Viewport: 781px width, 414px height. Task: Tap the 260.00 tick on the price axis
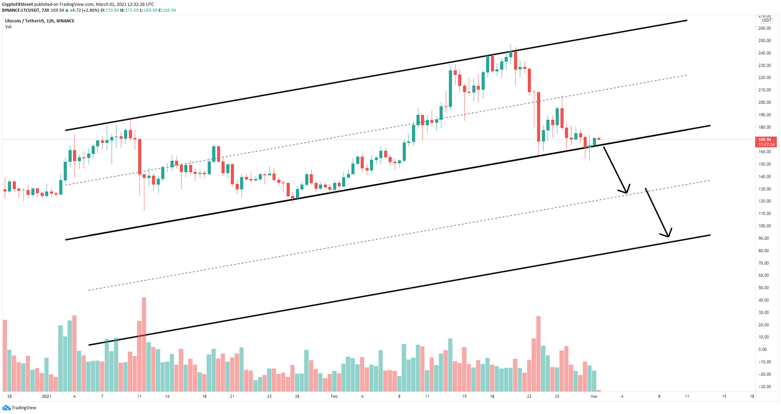(x=765, y=28)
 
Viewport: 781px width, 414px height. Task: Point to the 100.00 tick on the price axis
(x=765, y=226)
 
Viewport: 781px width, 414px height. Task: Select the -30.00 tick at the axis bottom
(x=765, y=387)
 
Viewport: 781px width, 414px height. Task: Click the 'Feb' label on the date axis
(x=334, y=396)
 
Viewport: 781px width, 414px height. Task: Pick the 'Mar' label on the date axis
(x=594, y=396)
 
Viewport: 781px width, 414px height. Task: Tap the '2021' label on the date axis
(x=46, y=396)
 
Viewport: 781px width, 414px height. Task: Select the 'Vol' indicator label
(x=8, y=27)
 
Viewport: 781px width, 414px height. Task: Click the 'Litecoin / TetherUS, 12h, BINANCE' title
(x=40, y=21)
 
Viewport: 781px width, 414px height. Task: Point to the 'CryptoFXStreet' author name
(x=18, y=4)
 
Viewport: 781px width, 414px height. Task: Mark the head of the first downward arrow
(x=627, y=192)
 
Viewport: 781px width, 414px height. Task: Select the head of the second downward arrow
(x=669, y=236)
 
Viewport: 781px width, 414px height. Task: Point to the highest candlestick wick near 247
(x=510, y=46)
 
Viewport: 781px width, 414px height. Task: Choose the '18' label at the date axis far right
(x=752, y=396)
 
